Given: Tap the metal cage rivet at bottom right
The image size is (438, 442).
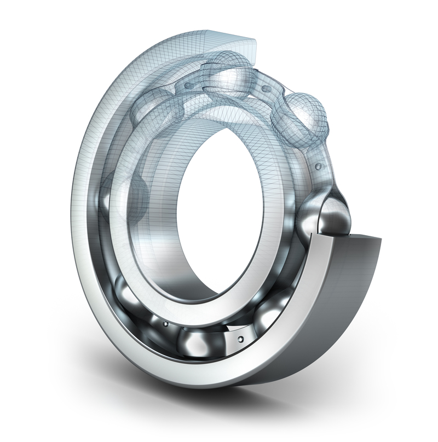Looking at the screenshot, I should tap(239, 340).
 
